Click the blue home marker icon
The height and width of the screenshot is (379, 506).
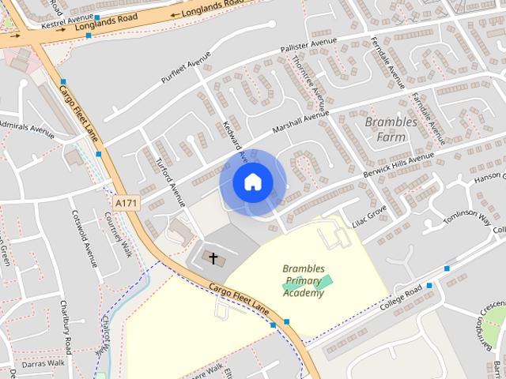252,182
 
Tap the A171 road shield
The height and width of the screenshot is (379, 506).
126,203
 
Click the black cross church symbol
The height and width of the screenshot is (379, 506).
212,257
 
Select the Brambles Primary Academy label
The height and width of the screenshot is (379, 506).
304,281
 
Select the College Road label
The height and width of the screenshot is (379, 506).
402,298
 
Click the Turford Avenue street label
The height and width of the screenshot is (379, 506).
168,178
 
